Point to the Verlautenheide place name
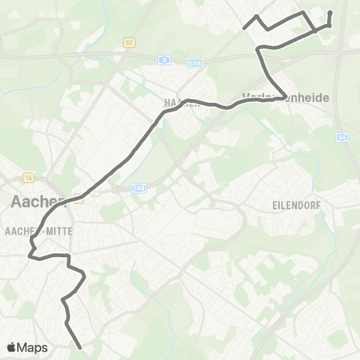286,97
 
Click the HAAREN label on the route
180,103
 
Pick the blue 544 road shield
139,190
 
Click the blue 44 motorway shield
343,136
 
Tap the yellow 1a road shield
29,178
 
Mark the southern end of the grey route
79,347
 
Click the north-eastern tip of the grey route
331,12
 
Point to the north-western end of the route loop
245,28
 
